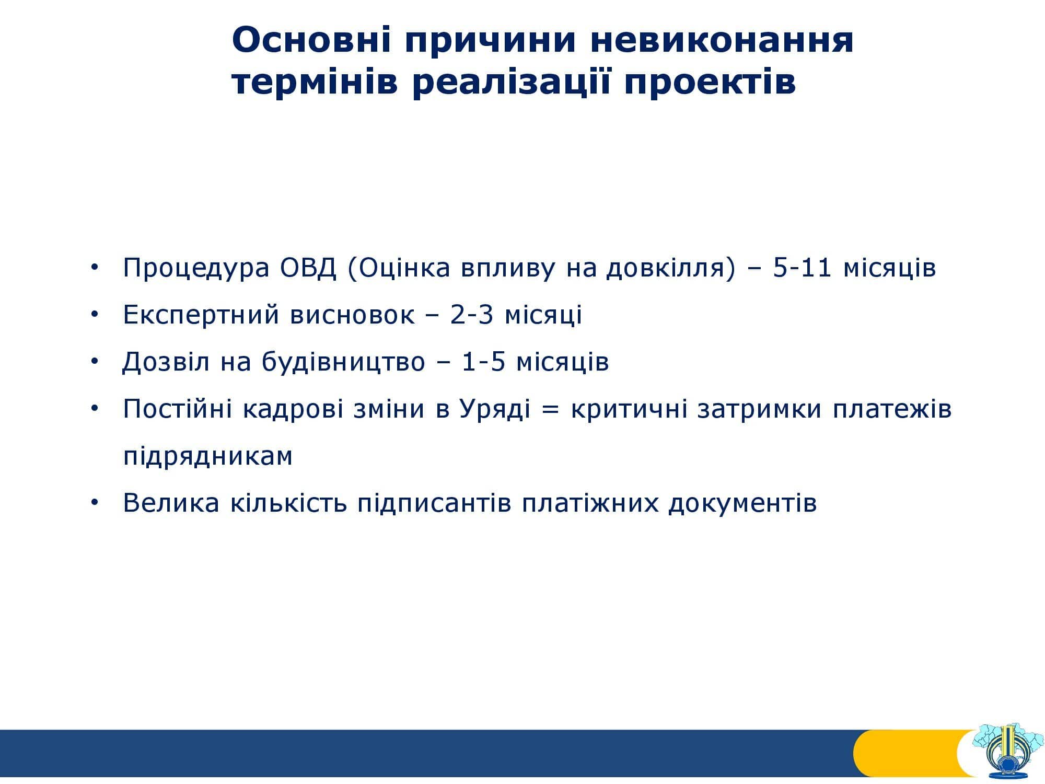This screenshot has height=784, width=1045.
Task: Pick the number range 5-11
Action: (802, 268)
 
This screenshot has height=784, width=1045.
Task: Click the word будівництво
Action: (343, 362)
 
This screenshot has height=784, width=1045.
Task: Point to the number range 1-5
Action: (484, 362)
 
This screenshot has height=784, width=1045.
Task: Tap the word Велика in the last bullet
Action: (171, 503)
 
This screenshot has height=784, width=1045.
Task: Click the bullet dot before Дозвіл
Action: (95, 362)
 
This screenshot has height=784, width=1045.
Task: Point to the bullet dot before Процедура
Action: (95, 267)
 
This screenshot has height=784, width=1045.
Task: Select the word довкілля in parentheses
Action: (671, 268)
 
